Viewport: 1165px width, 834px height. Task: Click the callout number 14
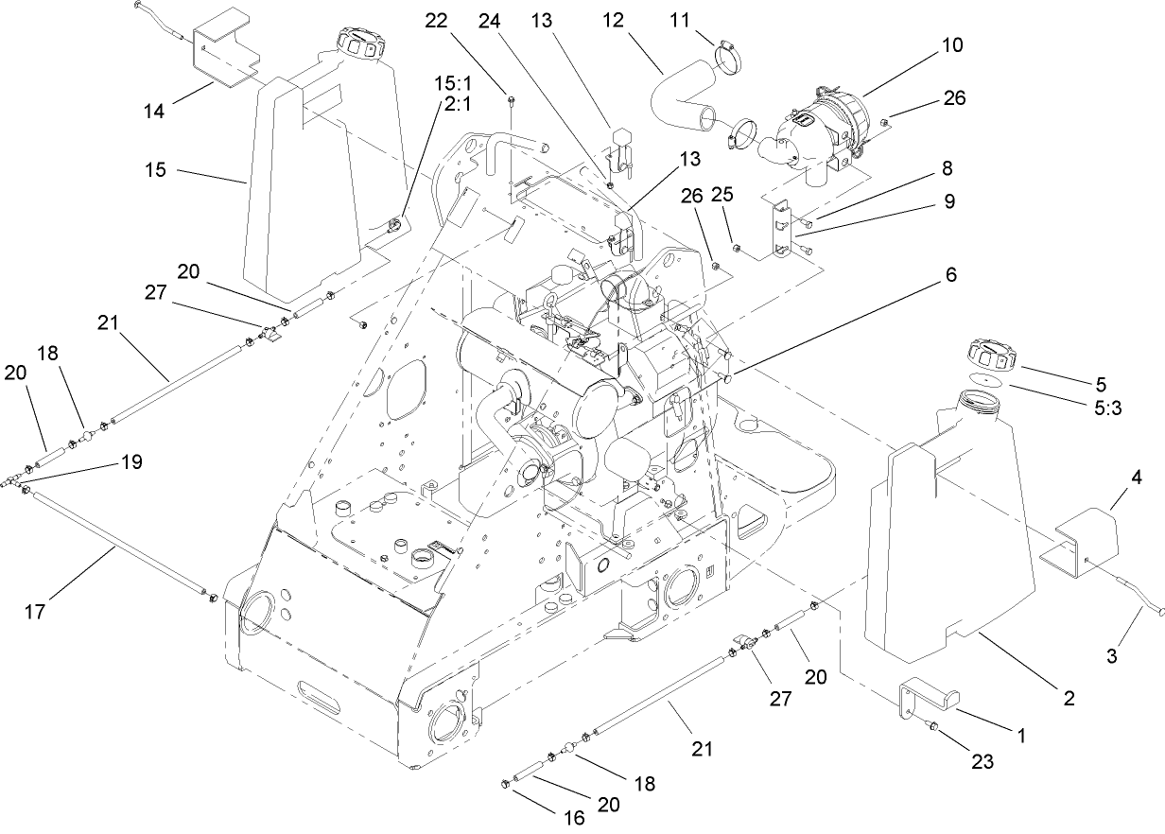154,112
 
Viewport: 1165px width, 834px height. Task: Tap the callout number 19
131,461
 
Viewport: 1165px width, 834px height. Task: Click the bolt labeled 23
931,727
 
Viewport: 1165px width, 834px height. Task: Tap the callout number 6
950,275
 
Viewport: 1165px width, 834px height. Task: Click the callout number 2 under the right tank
1068,700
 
